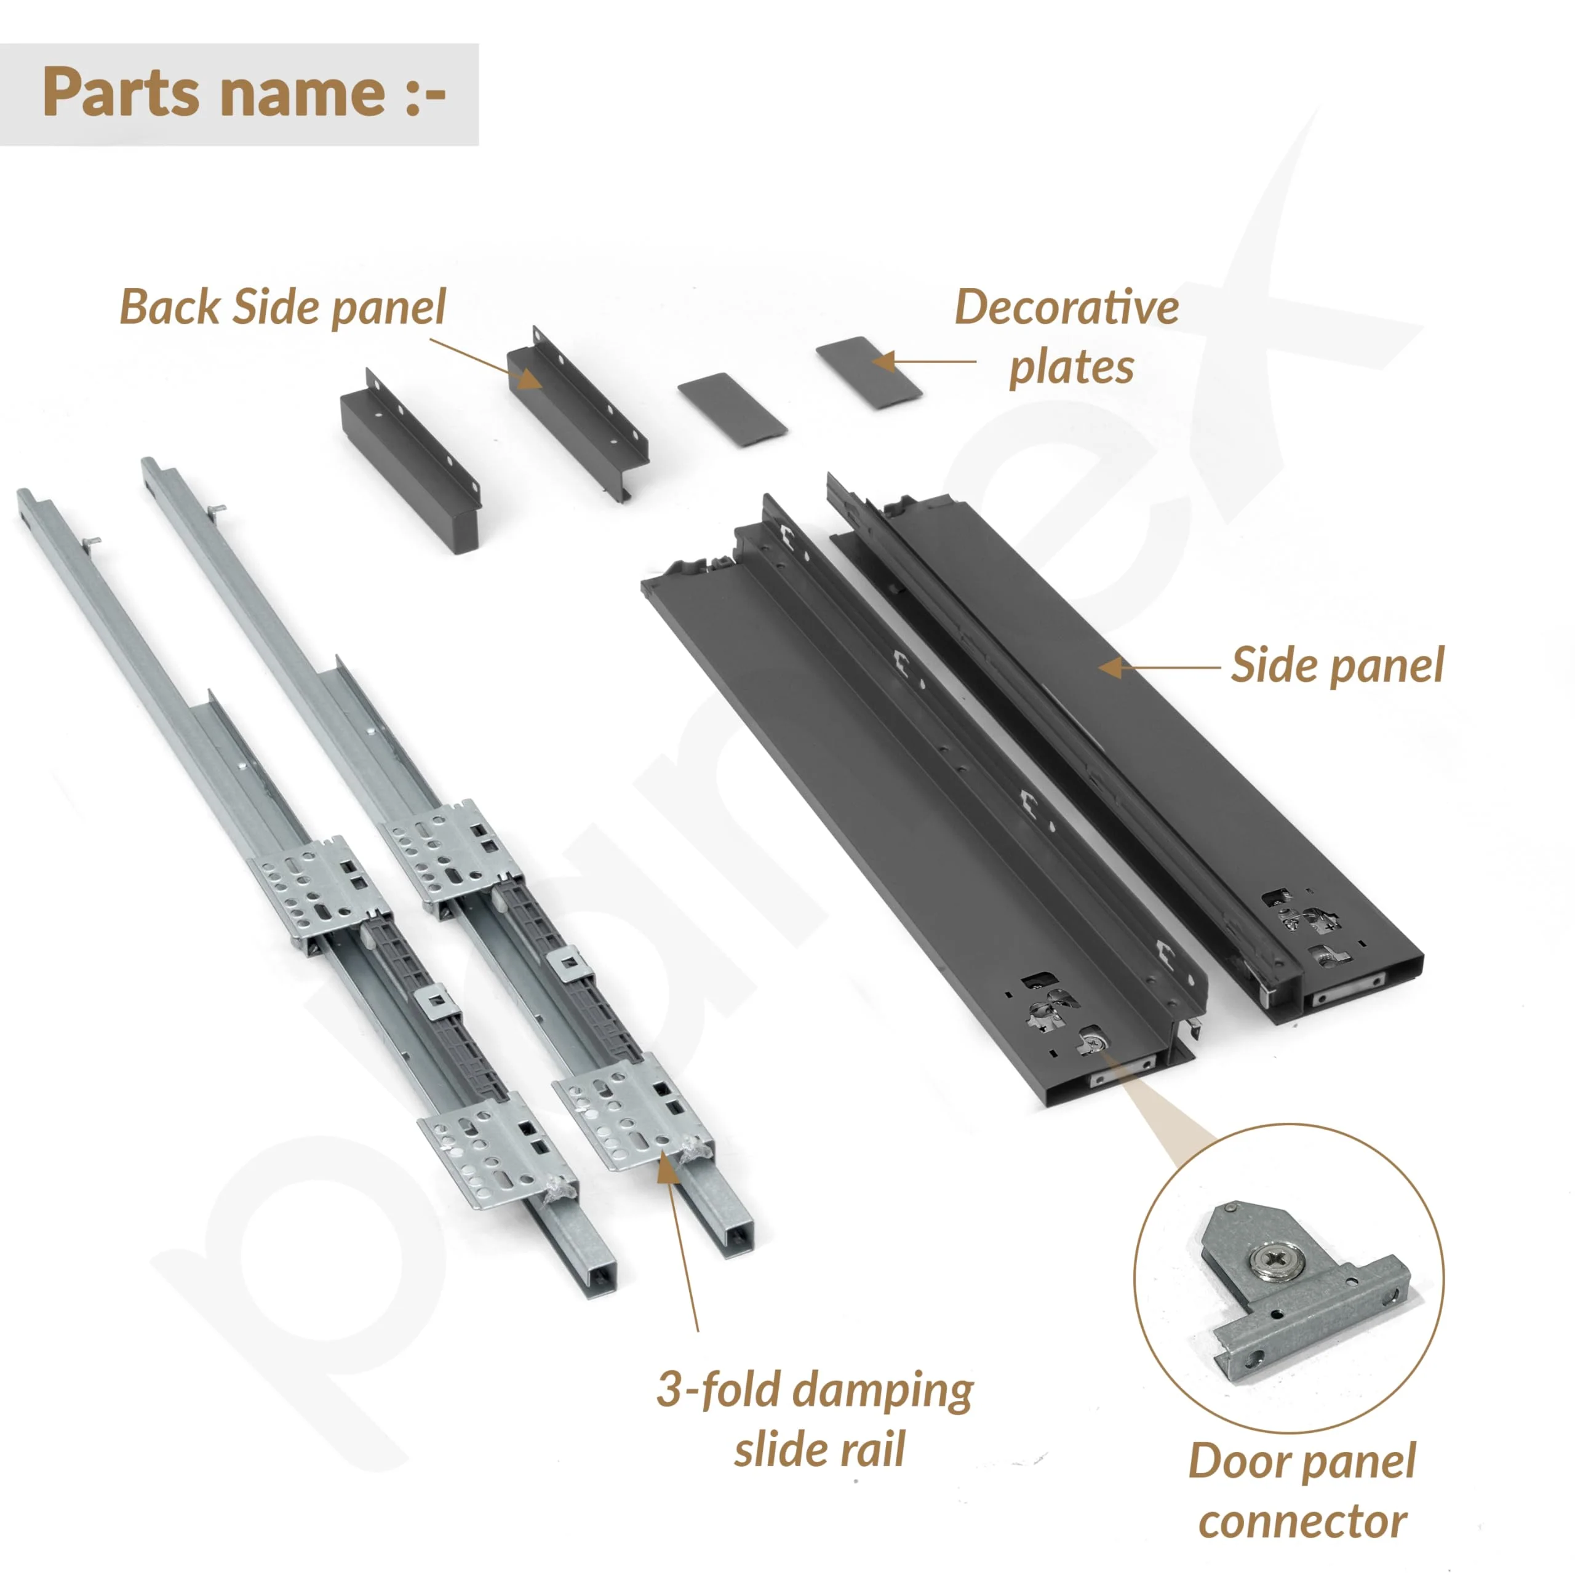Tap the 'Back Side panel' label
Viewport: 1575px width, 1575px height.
(283, 308)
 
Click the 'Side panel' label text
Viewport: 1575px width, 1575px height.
(1337, 665)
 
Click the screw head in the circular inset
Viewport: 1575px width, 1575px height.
(1276, 1261)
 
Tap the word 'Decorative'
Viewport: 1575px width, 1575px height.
(1067, 308)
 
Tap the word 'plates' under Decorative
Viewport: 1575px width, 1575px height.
(1071, 368)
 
